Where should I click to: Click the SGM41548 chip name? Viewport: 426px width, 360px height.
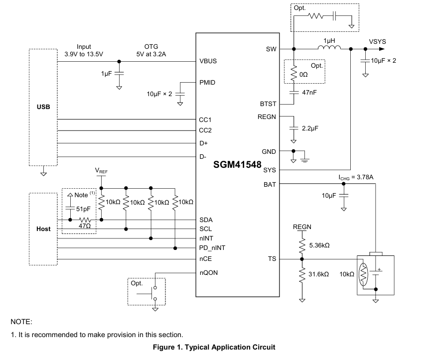click(x=237, y=164)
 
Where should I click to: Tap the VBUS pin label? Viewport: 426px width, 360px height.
click(x=208, y=61)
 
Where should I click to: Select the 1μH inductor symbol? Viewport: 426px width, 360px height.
click(x=329, y=47)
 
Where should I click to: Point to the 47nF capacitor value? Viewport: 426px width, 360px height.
click(x=309, y=93)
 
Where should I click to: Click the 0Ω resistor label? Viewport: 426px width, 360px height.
click(x=303, y=74)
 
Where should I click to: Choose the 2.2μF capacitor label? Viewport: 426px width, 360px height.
click(x=310, y=128)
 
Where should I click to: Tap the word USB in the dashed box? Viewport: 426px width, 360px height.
click(x=43, y=107)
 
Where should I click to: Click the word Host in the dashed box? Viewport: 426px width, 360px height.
click(x=43, y=229)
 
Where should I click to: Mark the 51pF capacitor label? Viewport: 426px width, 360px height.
click(x=83, y=209)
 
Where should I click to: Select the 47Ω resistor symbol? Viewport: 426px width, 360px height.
click(x=85, y=220)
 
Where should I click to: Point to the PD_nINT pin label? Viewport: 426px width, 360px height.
click(x=212, y=248)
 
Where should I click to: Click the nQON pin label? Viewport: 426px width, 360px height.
click(x=209, y=272)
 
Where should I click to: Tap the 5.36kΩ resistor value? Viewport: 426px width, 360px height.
click(x=319, y=245)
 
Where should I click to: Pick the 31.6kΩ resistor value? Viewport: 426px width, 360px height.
click(x=318, y=274)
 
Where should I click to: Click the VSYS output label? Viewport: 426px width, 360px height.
click(x=377, y=42)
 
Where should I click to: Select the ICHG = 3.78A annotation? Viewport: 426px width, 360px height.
click(x=356, y=178)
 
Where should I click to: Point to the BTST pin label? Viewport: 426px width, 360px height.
click(x=268, y=104)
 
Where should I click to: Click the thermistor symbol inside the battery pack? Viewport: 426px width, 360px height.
click(x=363, y=274)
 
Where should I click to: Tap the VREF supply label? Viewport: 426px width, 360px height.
click(x=101, y=171)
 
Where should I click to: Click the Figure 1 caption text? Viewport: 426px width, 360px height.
click(x=214, y=347)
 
